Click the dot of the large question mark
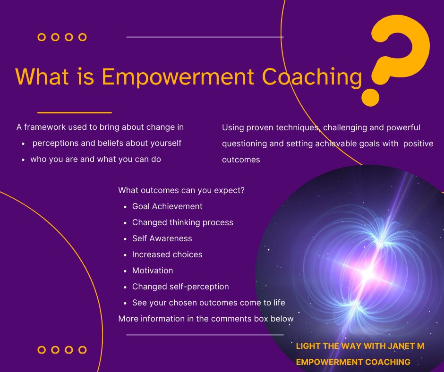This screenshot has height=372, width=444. tap(370, 97)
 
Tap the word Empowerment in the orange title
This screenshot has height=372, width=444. tap(178, 77)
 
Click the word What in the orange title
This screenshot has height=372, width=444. tap(42, 76)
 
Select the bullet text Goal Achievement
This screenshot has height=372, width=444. tap(167, 206)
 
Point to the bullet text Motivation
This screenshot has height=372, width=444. tap(153, 271)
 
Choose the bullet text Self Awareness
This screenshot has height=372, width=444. tap(162, 238)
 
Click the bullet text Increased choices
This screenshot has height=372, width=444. tap(167, 254)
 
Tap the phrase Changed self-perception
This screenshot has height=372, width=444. tap(180, 287)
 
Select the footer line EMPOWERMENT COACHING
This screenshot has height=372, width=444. tap(353, 362)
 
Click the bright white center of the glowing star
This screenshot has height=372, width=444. tap(368, 273)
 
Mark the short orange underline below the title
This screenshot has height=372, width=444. tap(75, 113)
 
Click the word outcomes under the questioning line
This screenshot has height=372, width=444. tap(241, 160)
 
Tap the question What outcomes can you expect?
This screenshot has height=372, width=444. tap(181, 190)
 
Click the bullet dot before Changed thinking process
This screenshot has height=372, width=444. tap(125, 223)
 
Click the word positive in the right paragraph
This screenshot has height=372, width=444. tap(418, 144)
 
